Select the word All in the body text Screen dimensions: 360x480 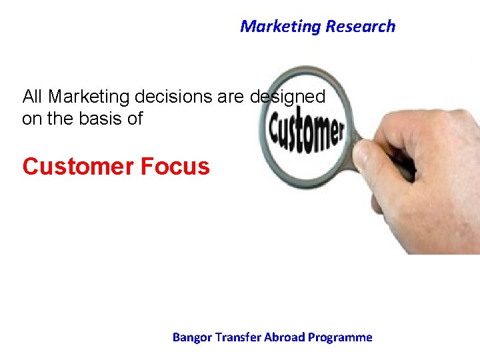33,97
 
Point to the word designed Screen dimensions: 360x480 287,97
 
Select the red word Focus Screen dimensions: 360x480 175,166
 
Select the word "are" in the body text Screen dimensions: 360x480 231,97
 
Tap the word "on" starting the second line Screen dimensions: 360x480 30,119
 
